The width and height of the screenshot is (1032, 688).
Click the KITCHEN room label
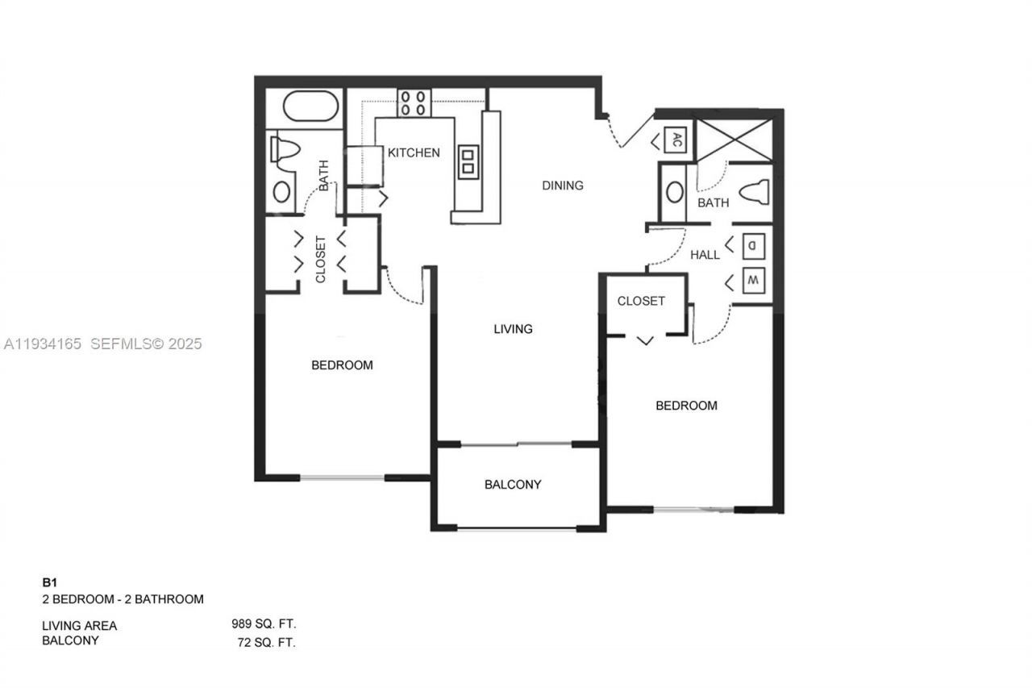(x=414, y=152)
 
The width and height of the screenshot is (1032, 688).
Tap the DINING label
(x=562, y=186)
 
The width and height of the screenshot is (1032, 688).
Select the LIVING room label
(x=513, y=329)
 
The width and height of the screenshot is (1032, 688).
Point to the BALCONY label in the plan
(x=513, y=485)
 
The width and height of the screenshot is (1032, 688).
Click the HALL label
(x=705, y=255)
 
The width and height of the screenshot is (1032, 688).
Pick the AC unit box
(x=676, y=140)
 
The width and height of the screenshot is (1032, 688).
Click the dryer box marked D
(x=751, y=244)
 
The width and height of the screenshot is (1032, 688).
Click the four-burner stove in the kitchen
(x=414, y=102)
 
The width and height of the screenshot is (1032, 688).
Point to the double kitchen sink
(x=467, y=162)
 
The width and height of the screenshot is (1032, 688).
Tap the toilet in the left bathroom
(x=285, y=149)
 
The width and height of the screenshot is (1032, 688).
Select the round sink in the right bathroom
(x=674, y=193)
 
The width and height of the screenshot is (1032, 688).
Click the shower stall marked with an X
(x=733, y=138)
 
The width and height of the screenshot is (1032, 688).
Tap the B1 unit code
(x=50, y=582)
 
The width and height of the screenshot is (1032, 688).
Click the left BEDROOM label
(x=342, y=365)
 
